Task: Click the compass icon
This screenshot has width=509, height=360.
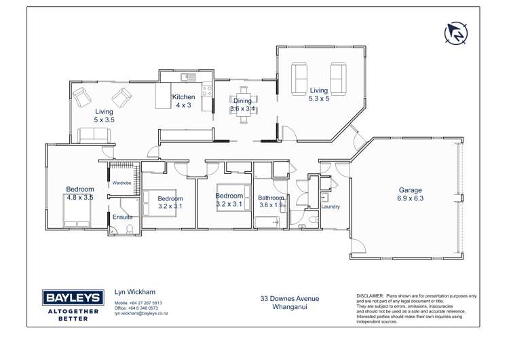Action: (457, 32)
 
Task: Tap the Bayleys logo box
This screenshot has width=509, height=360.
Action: (73, 298)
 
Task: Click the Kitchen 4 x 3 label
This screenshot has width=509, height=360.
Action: (183, 101)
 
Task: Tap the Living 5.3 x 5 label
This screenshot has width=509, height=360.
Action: (318, 94)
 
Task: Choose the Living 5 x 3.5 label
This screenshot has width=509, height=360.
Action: (104, 115)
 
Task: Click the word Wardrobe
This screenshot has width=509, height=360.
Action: (121, 183)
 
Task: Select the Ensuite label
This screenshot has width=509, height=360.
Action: (123, 217)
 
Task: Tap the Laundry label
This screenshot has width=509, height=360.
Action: (331, 206)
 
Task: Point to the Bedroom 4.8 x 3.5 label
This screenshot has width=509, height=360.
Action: (79, 193)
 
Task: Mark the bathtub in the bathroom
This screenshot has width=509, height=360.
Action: (267, 221)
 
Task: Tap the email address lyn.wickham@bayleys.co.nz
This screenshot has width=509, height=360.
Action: (141, 314)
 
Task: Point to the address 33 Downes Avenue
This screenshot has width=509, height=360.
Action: (290, 298)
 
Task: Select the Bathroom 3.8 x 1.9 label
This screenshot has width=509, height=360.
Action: (270, 202)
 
